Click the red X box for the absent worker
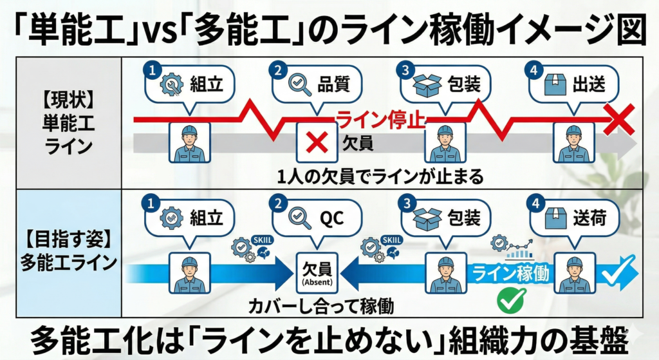317,142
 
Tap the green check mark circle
512,300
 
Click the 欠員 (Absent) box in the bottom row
316,272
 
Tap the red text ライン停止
381,120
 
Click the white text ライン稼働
511,273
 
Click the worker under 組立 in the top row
189,143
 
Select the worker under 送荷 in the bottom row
574,273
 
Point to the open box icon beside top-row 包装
427,85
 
